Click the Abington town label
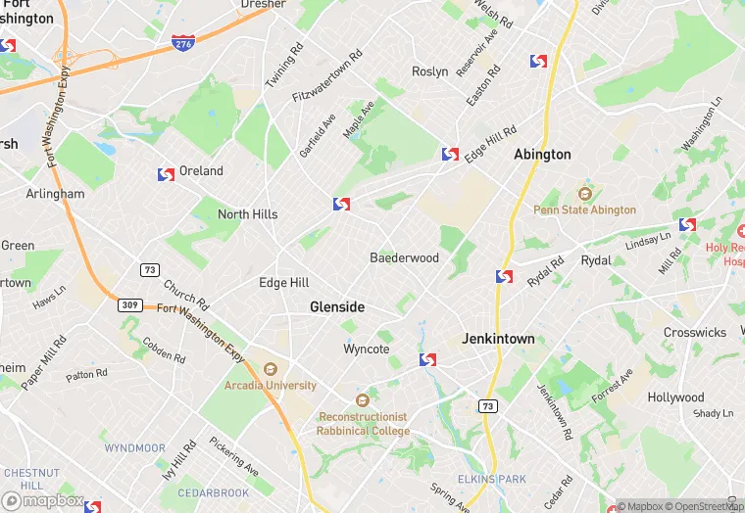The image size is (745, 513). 542,155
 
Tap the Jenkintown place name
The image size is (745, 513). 499,339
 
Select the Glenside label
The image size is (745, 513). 337,306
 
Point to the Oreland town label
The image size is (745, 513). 201,171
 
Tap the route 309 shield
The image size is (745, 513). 129,305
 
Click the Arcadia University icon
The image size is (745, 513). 271,369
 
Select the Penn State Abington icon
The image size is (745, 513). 585,193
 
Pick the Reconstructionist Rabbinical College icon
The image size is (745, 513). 363,399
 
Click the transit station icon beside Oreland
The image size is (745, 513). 166,174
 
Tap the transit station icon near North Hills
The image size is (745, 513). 341,204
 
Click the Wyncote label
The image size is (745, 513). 367,349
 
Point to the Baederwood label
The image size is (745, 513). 404,258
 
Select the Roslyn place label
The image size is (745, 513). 430,71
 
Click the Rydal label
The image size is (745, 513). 595,260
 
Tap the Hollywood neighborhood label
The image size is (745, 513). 675,397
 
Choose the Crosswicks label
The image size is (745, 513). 695,333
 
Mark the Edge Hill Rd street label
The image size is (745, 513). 490,139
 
